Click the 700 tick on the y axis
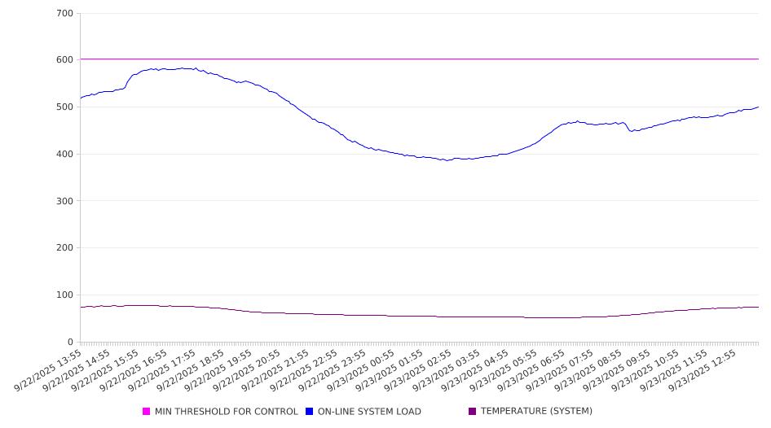(65, 14)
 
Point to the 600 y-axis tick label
(65, 60)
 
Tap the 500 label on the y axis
(65, 107)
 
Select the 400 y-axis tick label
(65, 155)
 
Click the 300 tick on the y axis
(65, 201)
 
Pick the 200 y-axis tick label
(65, 248)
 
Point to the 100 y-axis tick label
(65, 295)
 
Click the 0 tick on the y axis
(71, 343)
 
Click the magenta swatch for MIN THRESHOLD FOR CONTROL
(147, 412)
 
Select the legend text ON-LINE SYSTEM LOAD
(369, 412)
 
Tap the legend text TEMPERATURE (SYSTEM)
(536, 412)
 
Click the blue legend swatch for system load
(310, 412)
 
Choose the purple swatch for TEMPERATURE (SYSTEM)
(473, 412)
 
